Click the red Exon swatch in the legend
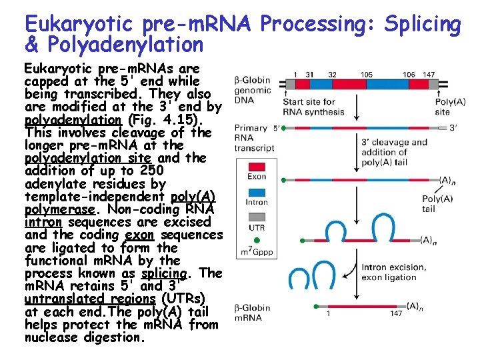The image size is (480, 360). (257, 166)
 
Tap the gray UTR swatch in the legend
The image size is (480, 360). (257, 217)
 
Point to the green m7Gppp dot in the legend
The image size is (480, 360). (257, 239)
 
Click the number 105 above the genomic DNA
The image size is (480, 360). (366, 75)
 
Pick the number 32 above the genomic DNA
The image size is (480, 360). (332, 75)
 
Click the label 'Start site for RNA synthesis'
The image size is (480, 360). (313, 107)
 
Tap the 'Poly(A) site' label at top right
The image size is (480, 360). (443, 107)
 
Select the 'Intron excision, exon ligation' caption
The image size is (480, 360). (393, 272)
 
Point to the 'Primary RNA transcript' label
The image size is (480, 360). (251, 139)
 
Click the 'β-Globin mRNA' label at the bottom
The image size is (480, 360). (253, 313)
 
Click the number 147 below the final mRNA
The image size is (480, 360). (396, 314)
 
